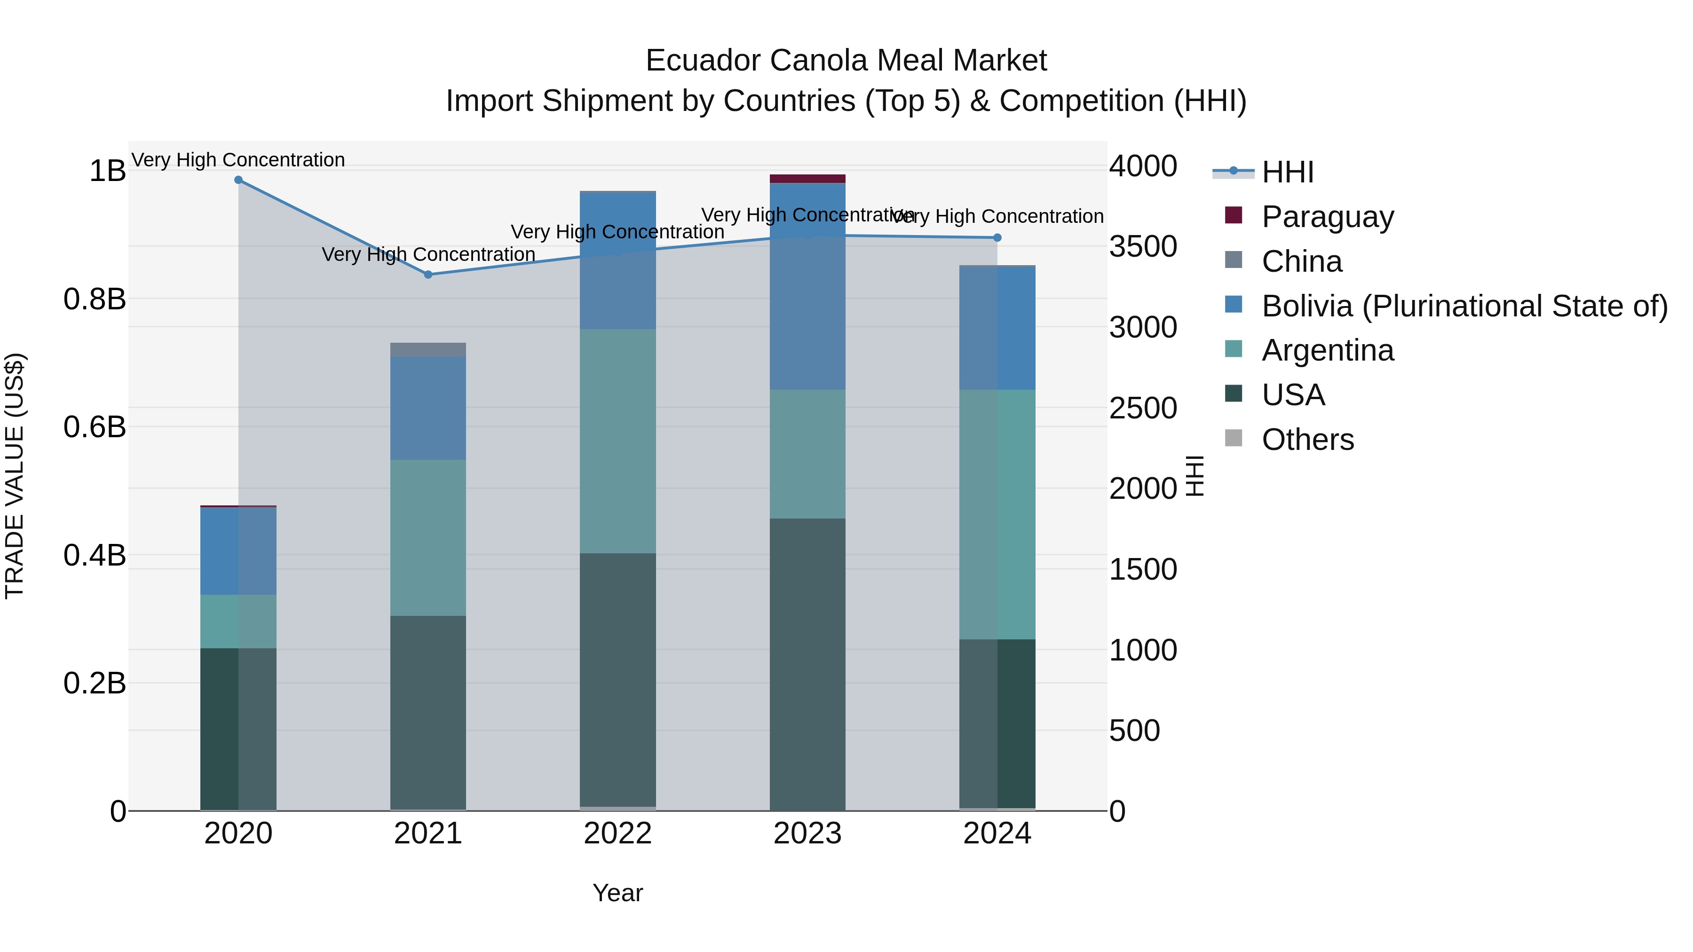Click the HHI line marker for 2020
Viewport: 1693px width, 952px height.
(x=238, y=180)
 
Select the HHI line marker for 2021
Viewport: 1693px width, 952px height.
(x=428, y=275)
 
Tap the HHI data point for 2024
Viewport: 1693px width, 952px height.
(x=997, y=238)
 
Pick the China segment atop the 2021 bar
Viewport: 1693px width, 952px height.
(x=428, y=349)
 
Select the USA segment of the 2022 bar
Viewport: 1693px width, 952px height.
(x=618, y=680)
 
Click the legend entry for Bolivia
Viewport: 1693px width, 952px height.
(x=1464, y=306)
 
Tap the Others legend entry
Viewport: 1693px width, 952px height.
(x=1307, y=440)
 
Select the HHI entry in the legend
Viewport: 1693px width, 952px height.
(x=1287, y=172)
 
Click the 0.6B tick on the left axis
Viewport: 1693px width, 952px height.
(x=95, y=427)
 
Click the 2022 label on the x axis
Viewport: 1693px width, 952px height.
(x=618, y=834)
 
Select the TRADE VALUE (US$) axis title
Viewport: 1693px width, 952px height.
(x=15, y=476)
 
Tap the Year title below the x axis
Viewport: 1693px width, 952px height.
(x=618, y=893)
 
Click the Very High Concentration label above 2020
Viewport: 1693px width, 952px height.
(x=238, y=160)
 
